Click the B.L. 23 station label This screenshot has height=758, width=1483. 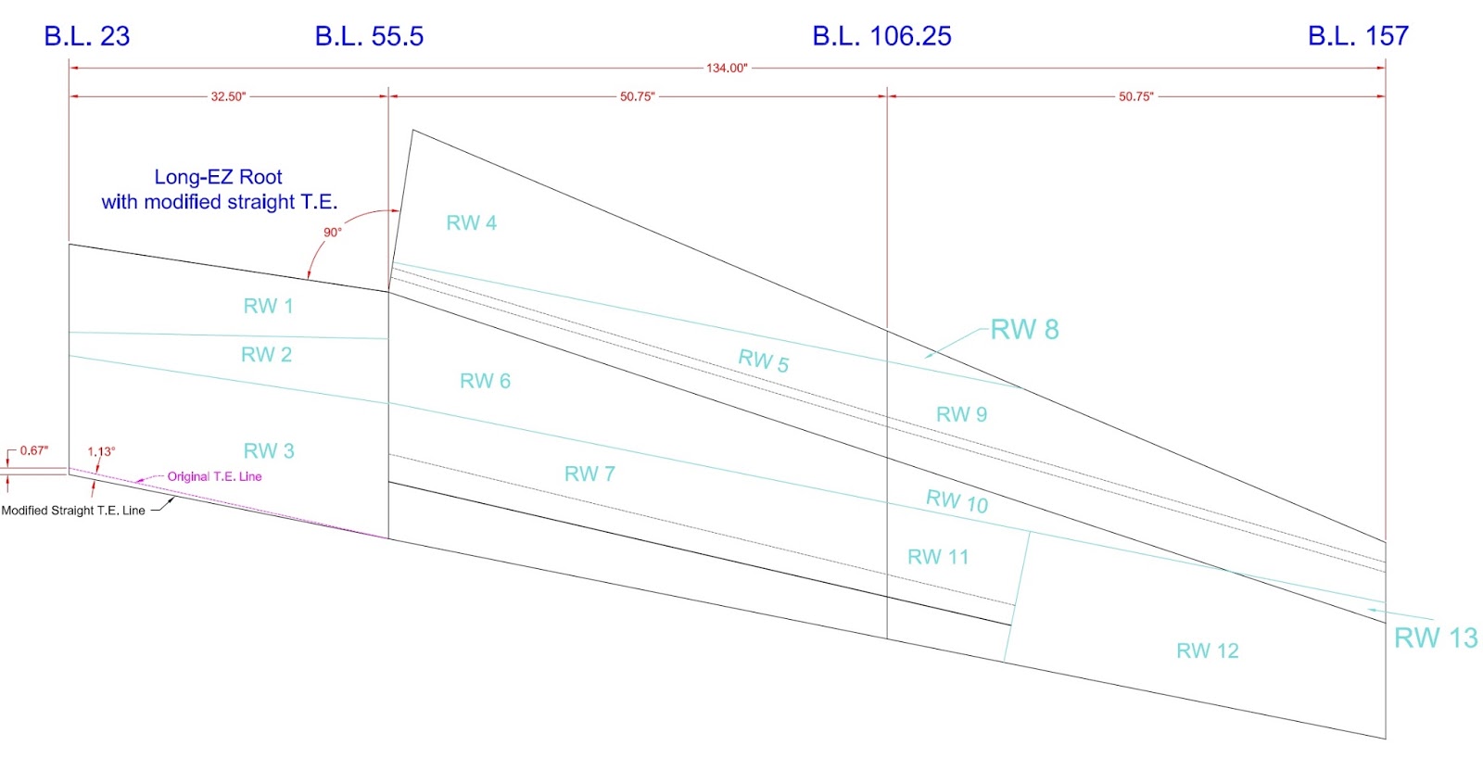(87, 36)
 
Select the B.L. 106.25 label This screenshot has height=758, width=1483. (881, 36)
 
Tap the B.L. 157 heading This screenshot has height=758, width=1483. (1358, 36)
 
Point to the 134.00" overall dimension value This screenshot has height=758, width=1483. (727, 68)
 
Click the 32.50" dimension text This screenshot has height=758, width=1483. (228, 96)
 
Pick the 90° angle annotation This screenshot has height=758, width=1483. (333, 233)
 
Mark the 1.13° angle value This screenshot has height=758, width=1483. (101, 452)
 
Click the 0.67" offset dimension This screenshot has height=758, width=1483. (34, 450)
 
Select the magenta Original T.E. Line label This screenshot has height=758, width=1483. (214, 476)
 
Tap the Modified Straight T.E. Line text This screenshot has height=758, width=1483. (73, 511)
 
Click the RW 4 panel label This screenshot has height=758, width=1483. (471, 222)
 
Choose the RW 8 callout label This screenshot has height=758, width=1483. (1024, 329)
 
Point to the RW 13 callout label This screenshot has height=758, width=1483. (1436, 638)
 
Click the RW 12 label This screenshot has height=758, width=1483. (1207, 651)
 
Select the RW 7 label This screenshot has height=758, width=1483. (589, 474)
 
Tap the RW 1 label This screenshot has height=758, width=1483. (268, 306)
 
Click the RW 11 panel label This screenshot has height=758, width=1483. (937, 557)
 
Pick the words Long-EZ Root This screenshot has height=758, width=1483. (218, 177)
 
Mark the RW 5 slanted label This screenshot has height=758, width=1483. (763, 360)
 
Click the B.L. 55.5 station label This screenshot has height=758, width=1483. (369, 36)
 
